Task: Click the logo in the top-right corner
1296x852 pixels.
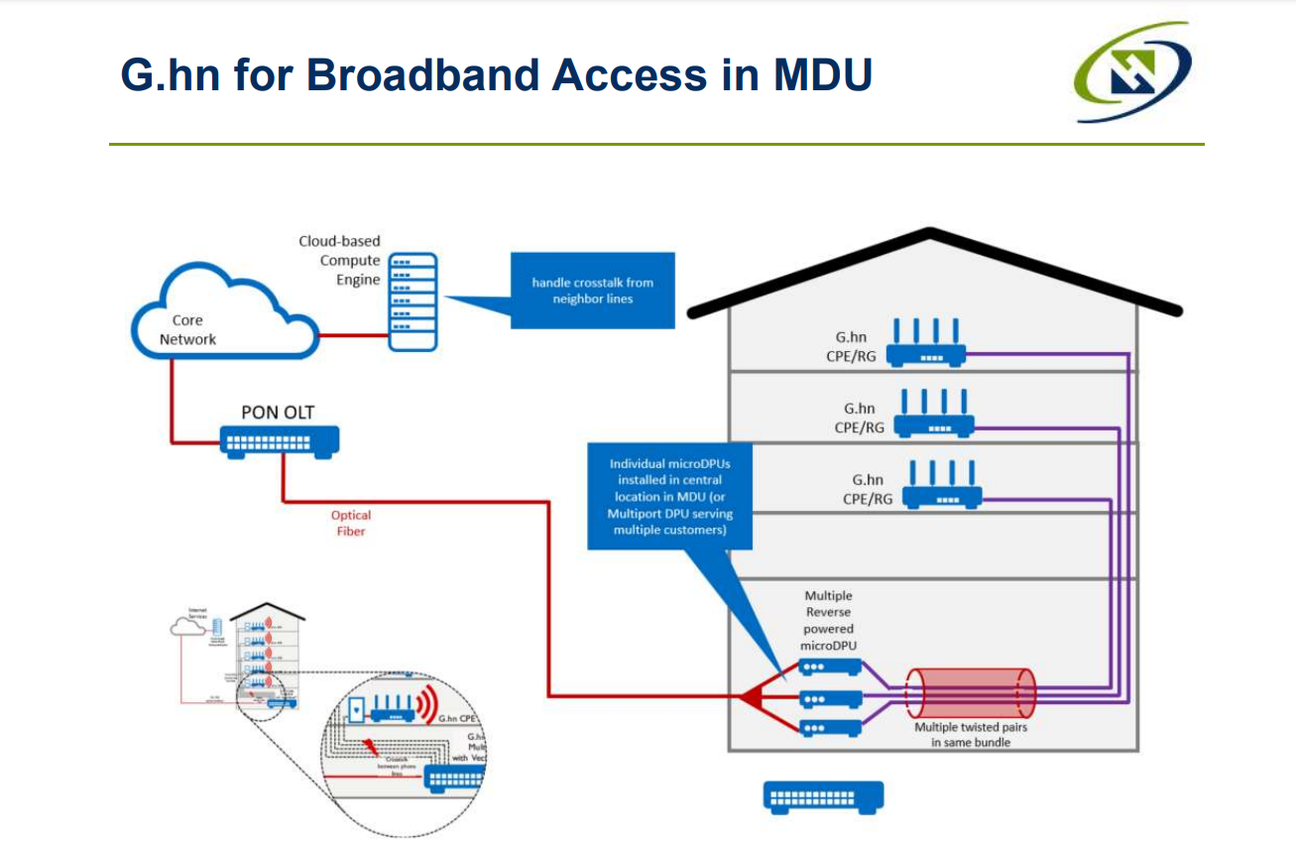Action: (x=1133, y=73)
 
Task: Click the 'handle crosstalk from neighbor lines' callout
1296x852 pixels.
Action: (x=592, y=290)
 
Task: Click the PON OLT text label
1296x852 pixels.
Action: (x=278, y=411)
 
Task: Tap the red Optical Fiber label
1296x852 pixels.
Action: (x=351, y=523)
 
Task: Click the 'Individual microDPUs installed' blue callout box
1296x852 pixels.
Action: (x=669, y=496)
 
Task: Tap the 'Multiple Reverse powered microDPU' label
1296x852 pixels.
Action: (x=828, y=620)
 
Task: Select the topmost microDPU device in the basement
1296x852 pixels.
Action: (x=829, y=667)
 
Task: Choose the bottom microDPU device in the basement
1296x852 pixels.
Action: (x=829, y=728)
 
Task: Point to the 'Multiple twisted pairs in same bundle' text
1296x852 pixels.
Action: (x=971, y=734)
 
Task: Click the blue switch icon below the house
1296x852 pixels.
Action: (x=823, y=796)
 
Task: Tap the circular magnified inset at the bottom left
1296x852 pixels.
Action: (x=402, y=735)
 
